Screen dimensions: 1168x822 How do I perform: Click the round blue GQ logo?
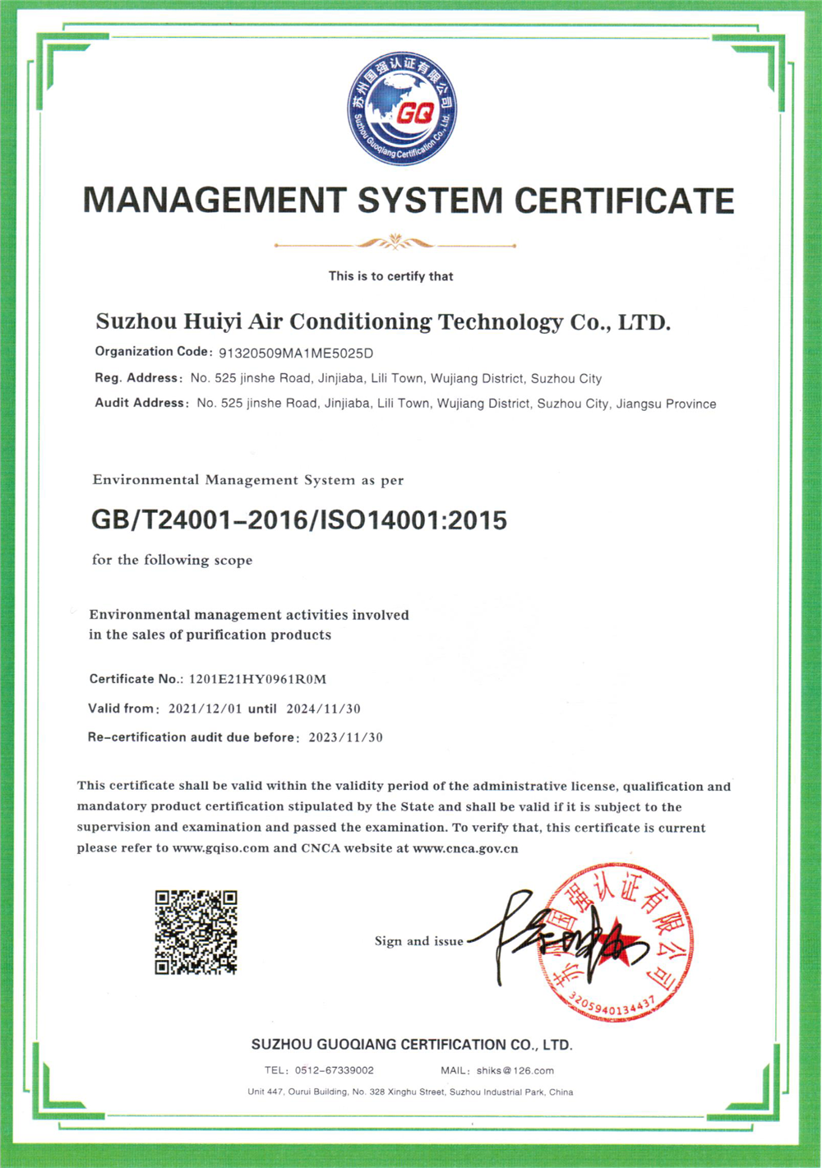pyautogui.click(x=402, y=108)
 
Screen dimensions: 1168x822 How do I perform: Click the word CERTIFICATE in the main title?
pyautogui.click(x=624, y=201)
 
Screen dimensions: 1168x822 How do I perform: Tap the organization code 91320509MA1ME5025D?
pyautogui.click(x=296, y=353)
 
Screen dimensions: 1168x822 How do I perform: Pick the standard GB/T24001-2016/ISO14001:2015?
pyautogui.click(x=299, y=520)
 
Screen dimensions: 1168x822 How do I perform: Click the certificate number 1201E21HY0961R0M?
pyautogui.click(x=257, y=679)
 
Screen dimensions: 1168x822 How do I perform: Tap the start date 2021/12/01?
pyautogui.click(x=204, y=709)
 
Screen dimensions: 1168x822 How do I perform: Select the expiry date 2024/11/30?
pyautogui.click(x=323, y=709)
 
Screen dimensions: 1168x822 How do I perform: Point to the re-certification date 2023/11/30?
pyautogui.click(x=345, y=737)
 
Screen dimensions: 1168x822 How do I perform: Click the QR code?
pyautogui.click(x=196, y=932)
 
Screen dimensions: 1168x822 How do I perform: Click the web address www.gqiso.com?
pyautogui.click(x=220, y=848)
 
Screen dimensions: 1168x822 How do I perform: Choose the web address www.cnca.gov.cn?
pyautogui.click(x=465, y=848)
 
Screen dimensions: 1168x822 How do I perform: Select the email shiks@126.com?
pyautogui.click(x=515, y=1070)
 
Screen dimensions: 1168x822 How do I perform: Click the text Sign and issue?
pyautogui.click(x=418, y=941)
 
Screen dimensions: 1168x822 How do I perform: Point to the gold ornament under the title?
pyautogui.click(x=395, y=242)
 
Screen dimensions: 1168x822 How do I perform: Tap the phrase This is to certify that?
pyautogui.click(x=390, y=276)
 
